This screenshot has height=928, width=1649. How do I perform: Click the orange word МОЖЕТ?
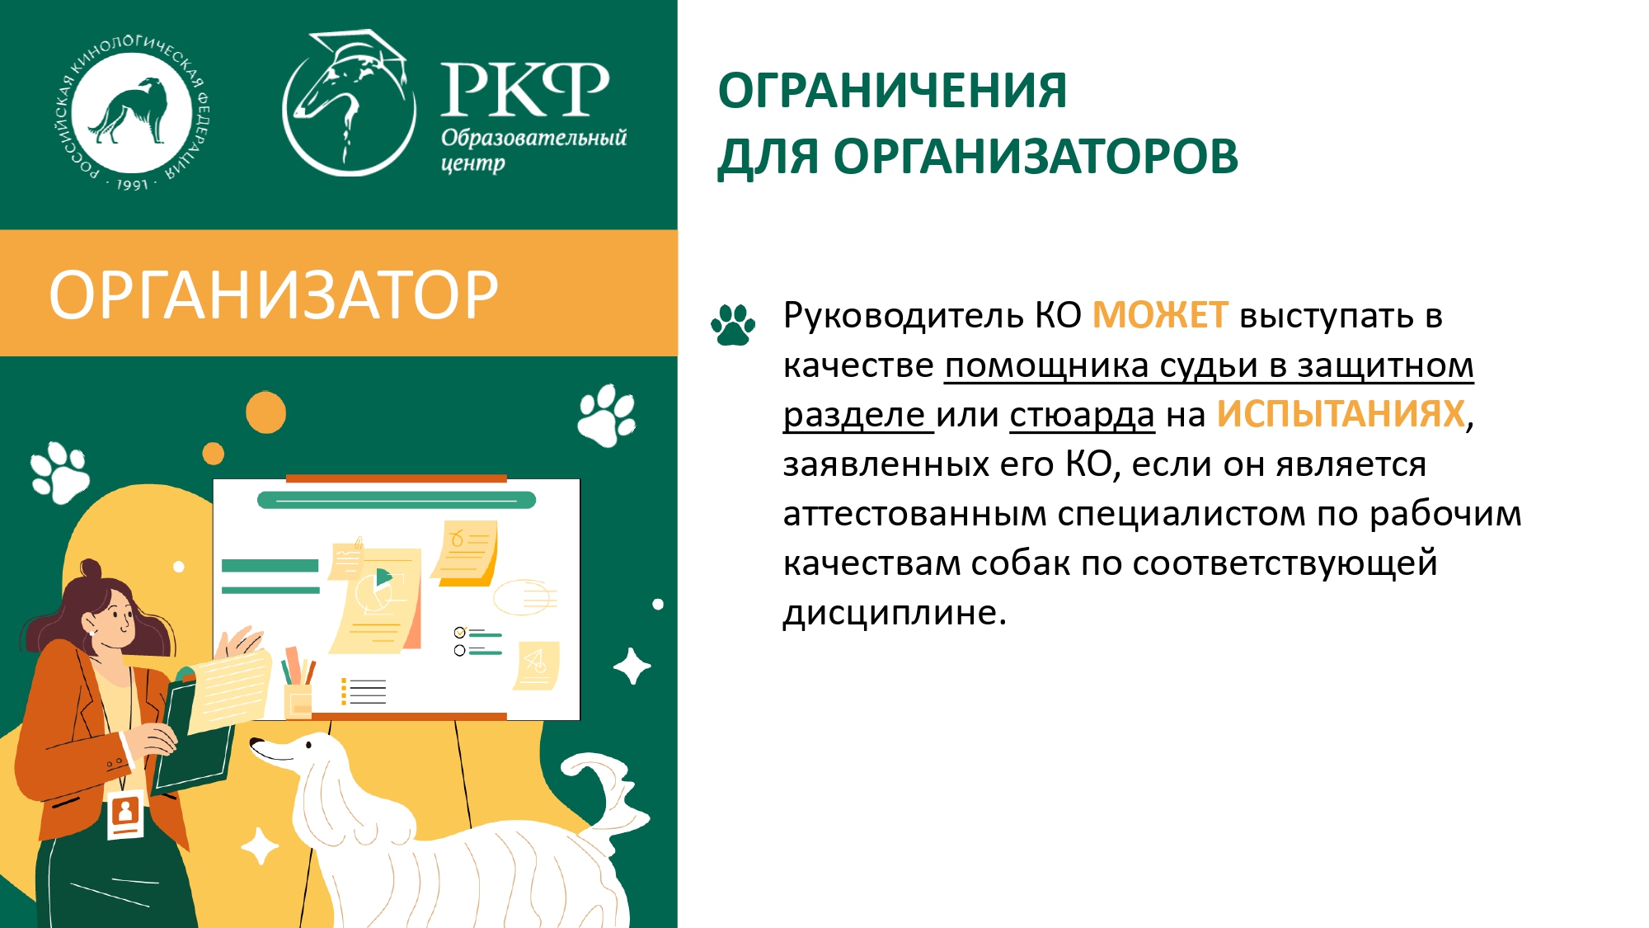coord(1160,316)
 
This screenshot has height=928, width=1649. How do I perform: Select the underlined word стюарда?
coord(1082,415)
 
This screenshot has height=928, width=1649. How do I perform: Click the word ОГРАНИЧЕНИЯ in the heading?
coord(892,91)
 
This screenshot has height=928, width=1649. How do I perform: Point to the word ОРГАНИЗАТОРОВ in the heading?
coord(1036,157)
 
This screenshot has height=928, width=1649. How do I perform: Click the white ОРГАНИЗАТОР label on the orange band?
coord(274,294)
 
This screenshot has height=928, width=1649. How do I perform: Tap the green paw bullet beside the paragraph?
coord(733,324)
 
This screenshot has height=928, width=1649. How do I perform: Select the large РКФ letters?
coord(525,90)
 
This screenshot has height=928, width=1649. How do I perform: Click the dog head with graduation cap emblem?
coord(348,103)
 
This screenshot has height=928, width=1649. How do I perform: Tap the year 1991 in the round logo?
coord(132,184)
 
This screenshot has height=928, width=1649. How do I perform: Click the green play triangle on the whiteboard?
coord(383,577)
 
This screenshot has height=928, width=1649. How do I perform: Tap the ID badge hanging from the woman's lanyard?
coord(125,813)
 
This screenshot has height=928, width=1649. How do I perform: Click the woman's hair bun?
coord(90,569)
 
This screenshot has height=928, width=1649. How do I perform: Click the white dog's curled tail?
coord(608,792)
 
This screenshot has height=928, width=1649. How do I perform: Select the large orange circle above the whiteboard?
coord(265,412)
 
